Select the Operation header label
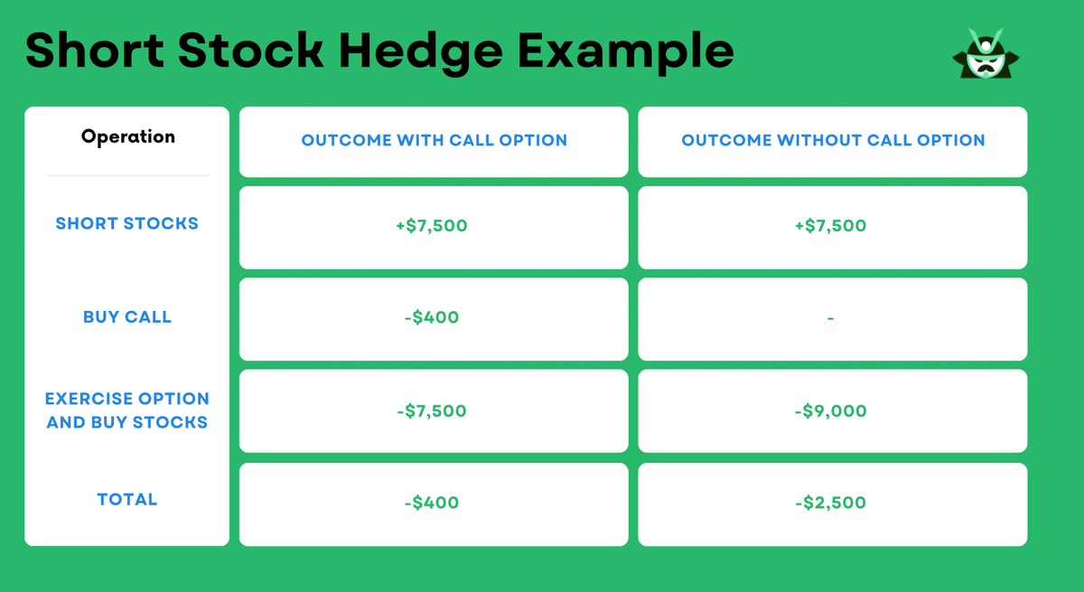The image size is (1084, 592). (x=127, y=136)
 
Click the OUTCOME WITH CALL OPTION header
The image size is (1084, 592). (x=434, y=140)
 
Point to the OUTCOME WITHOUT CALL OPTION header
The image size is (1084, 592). (x=832, y=140)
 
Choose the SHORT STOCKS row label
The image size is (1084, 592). (x=126, y=223)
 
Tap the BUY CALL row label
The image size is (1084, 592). (x=126, y=317)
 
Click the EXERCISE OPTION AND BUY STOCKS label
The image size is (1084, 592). (x=126, y=410)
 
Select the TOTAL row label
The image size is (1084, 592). (x=126, y=499)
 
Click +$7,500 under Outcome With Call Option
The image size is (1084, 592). (x=432, y=226)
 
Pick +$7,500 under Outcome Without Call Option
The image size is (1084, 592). (x=830, y=226)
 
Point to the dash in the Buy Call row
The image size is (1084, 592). (x=830, y=318)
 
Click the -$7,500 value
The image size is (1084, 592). (x=432, y=411)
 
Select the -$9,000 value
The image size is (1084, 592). (x=830, y=411)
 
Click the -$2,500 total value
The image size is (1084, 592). (x=830, y=503)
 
